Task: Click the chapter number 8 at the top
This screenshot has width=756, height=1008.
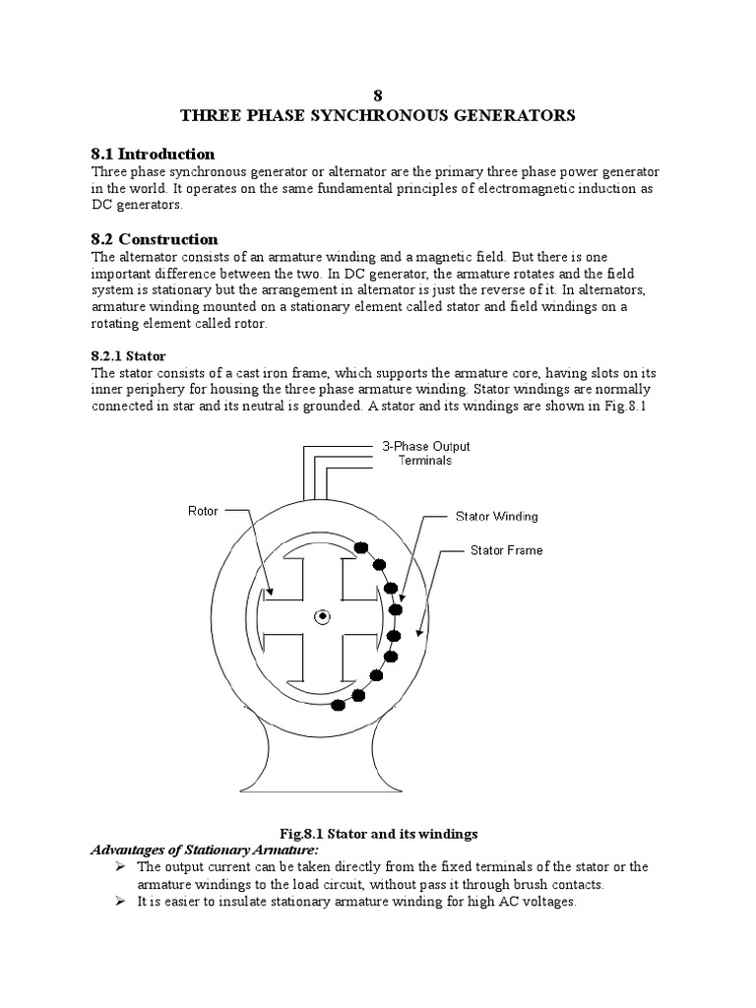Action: (377, 95)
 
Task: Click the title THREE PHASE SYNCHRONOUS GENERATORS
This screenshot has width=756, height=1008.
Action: (377, 115)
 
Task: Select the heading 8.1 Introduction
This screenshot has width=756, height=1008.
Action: (153, 154)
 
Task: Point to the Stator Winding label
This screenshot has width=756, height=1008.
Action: (496, 516)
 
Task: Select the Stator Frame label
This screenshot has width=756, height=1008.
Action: (506, 550)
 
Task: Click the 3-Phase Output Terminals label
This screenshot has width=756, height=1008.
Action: (425, 453)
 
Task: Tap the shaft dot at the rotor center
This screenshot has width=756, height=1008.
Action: (321, 617)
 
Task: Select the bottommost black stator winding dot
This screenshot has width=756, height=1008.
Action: (340, 704)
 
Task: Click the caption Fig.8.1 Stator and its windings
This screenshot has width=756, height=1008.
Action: (377, 834)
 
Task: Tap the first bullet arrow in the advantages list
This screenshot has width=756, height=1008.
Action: (119, 866)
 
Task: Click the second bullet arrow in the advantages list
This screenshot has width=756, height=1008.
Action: (119, 902)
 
